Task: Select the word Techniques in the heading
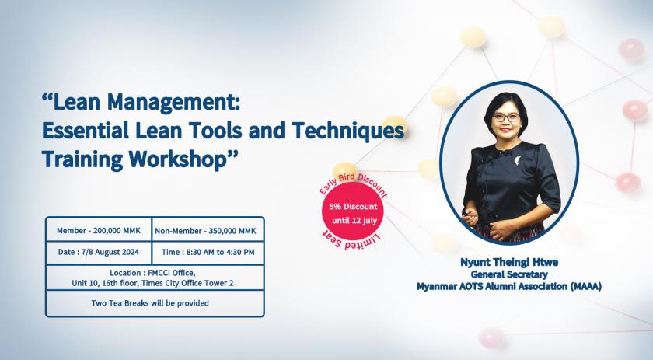[x=348, y=131]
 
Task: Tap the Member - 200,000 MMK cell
[x=99, y=231]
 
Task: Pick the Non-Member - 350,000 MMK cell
[x=206, y=231]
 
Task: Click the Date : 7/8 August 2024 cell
[x=99, y=252]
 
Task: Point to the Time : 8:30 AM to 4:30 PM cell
[x=208, y=252]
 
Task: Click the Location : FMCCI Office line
[x=152, y=273]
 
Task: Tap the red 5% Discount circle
[x=353, y=211]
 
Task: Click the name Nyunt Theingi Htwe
[x=509, y=262]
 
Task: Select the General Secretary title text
[x=509, y=274]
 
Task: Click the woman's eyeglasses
[x=506, y=117]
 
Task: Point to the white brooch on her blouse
[x=518, y=161]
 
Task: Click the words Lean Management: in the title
[x=141, y=102]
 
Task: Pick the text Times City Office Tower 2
[x=187, y=283]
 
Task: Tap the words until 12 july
[x=354, y=220]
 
